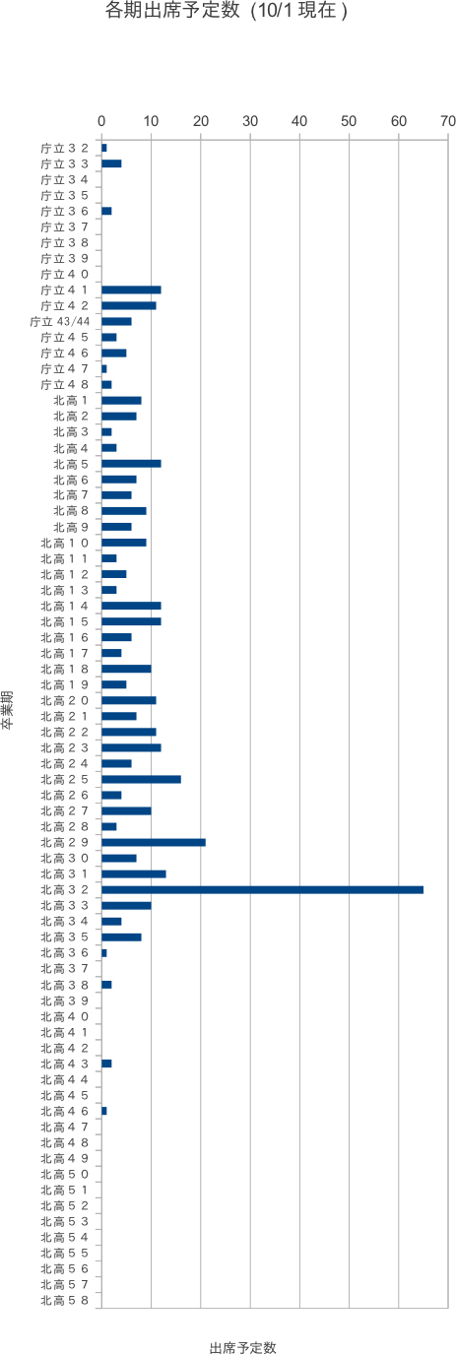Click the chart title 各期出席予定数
(x=172, y=10)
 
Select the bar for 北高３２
(x=263, y=890)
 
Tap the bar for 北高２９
(x=154, y=843)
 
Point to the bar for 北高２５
(x=142, y=779)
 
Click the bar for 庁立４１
(x=131, y=290)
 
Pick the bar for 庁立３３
(x=111, y=163)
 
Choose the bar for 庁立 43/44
(x=117, y=321)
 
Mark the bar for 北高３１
(x=134, y=874)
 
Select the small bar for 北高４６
(x=104, y=1111)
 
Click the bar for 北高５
(x=131, y=464)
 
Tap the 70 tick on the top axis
(x=447, y=121)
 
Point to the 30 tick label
(x=250, y=121)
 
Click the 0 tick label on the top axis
(x=101, y=121)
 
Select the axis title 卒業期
(x=7, y=710)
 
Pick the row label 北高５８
(x=64, y=1301)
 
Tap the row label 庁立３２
(x=64, y=148)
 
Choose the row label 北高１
(x=71, y=401)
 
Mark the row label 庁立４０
(x=64, y=274)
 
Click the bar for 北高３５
(x=121, y=937)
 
